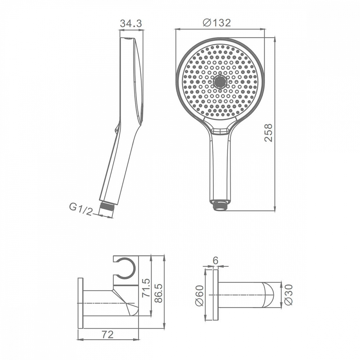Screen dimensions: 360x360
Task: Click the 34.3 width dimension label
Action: coord(131,23)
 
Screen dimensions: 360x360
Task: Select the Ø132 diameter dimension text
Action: coord(217,23)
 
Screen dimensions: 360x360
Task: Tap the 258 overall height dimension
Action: coord(268,132)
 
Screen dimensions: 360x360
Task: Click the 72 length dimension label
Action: coord(108,335)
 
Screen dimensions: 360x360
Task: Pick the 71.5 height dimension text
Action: coord(146,288)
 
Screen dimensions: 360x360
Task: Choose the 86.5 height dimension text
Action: coord(158,293)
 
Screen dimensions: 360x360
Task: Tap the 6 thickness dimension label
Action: coord(215,261)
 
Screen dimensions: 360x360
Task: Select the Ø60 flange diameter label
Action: coord(199,295)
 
